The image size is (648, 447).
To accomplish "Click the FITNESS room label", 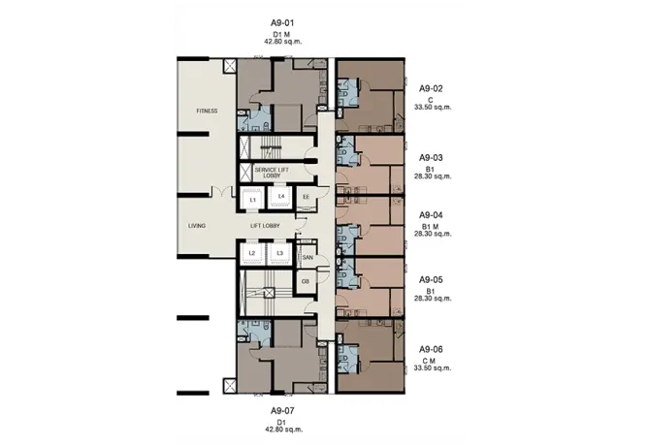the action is click(x=207, y=111).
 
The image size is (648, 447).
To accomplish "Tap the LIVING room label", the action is click(x=197, y=226).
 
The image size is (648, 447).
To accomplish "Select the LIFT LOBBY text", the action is click(x=265, y=226).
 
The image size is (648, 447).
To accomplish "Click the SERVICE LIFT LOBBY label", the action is click(x=272, y=173).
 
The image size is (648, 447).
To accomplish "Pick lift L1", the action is click(x=253, y=200).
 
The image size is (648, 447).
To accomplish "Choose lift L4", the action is click(x=281, y=197).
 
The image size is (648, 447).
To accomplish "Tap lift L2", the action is click(x=252, y=253).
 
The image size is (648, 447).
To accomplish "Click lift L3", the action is click(x=279, y=253).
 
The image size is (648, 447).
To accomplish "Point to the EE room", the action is click(x=307, y=198).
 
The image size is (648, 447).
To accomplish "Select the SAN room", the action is click(x=308, y=257).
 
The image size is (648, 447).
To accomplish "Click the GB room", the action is click(x=306, y=282).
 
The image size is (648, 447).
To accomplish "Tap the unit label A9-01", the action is click(x=282, y=22).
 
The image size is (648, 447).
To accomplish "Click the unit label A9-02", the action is click(x=431, y=88).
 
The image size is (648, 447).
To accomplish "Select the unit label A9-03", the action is click(x=431, y=157).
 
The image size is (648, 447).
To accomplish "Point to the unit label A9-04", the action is click(x=431, y=215).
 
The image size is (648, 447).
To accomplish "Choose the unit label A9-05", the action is click(x=431, y=279).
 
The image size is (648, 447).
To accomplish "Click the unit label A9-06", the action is click(x=431, y=349).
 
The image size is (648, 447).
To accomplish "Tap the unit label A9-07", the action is click(x=282, y=411).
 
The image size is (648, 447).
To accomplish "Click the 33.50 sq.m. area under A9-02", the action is click(x=433, y=107).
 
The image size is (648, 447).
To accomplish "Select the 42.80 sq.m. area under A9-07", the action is click(x=283, y=430).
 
